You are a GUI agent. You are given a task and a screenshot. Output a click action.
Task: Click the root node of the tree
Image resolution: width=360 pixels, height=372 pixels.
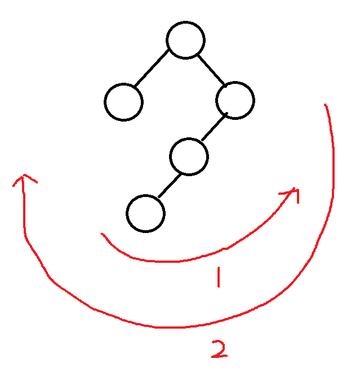pos(185,40)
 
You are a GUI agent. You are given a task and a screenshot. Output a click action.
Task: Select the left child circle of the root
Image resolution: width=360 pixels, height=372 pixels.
pos(123,102)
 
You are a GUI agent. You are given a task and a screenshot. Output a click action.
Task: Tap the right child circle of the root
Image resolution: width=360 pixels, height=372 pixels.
pos(235,101)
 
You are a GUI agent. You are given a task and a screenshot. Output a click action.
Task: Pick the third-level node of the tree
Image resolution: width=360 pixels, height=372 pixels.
pos(189,156)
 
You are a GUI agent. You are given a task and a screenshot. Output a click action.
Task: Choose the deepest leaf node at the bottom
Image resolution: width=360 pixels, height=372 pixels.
pos(145,213)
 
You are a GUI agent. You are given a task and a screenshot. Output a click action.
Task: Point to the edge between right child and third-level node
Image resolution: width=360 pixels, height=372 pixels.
pos(214,128)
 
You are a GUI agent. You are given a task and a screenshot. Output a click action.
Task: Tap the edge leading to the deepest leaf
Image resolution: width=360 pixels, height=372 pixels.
pos(169,185)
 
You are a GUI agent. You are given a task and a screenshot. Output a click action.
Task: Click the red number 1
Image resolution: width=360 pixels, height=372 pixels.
pos(218,277)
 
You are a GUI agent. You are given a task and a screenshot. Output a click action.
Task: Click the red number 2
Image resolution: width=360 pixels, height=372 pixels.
pos(219,349)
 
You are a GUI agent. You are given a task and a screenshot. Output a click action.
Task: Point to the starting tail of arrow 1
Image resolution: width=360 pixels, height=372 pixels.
pos(102,234)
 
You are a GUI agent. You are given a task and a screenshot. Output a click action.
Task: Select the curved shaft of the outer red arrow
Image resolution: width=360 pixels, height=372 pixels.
pos(163,326)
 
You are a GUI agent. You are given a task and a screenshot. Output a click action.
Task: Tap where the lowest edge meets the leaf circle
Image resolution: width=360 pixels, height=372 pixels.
pos(158,198)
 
